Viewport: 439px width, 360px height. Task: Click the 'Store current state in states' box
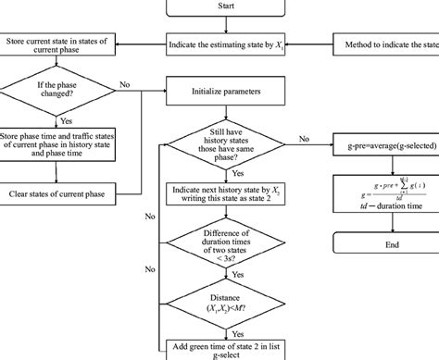tap(58, 43)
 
